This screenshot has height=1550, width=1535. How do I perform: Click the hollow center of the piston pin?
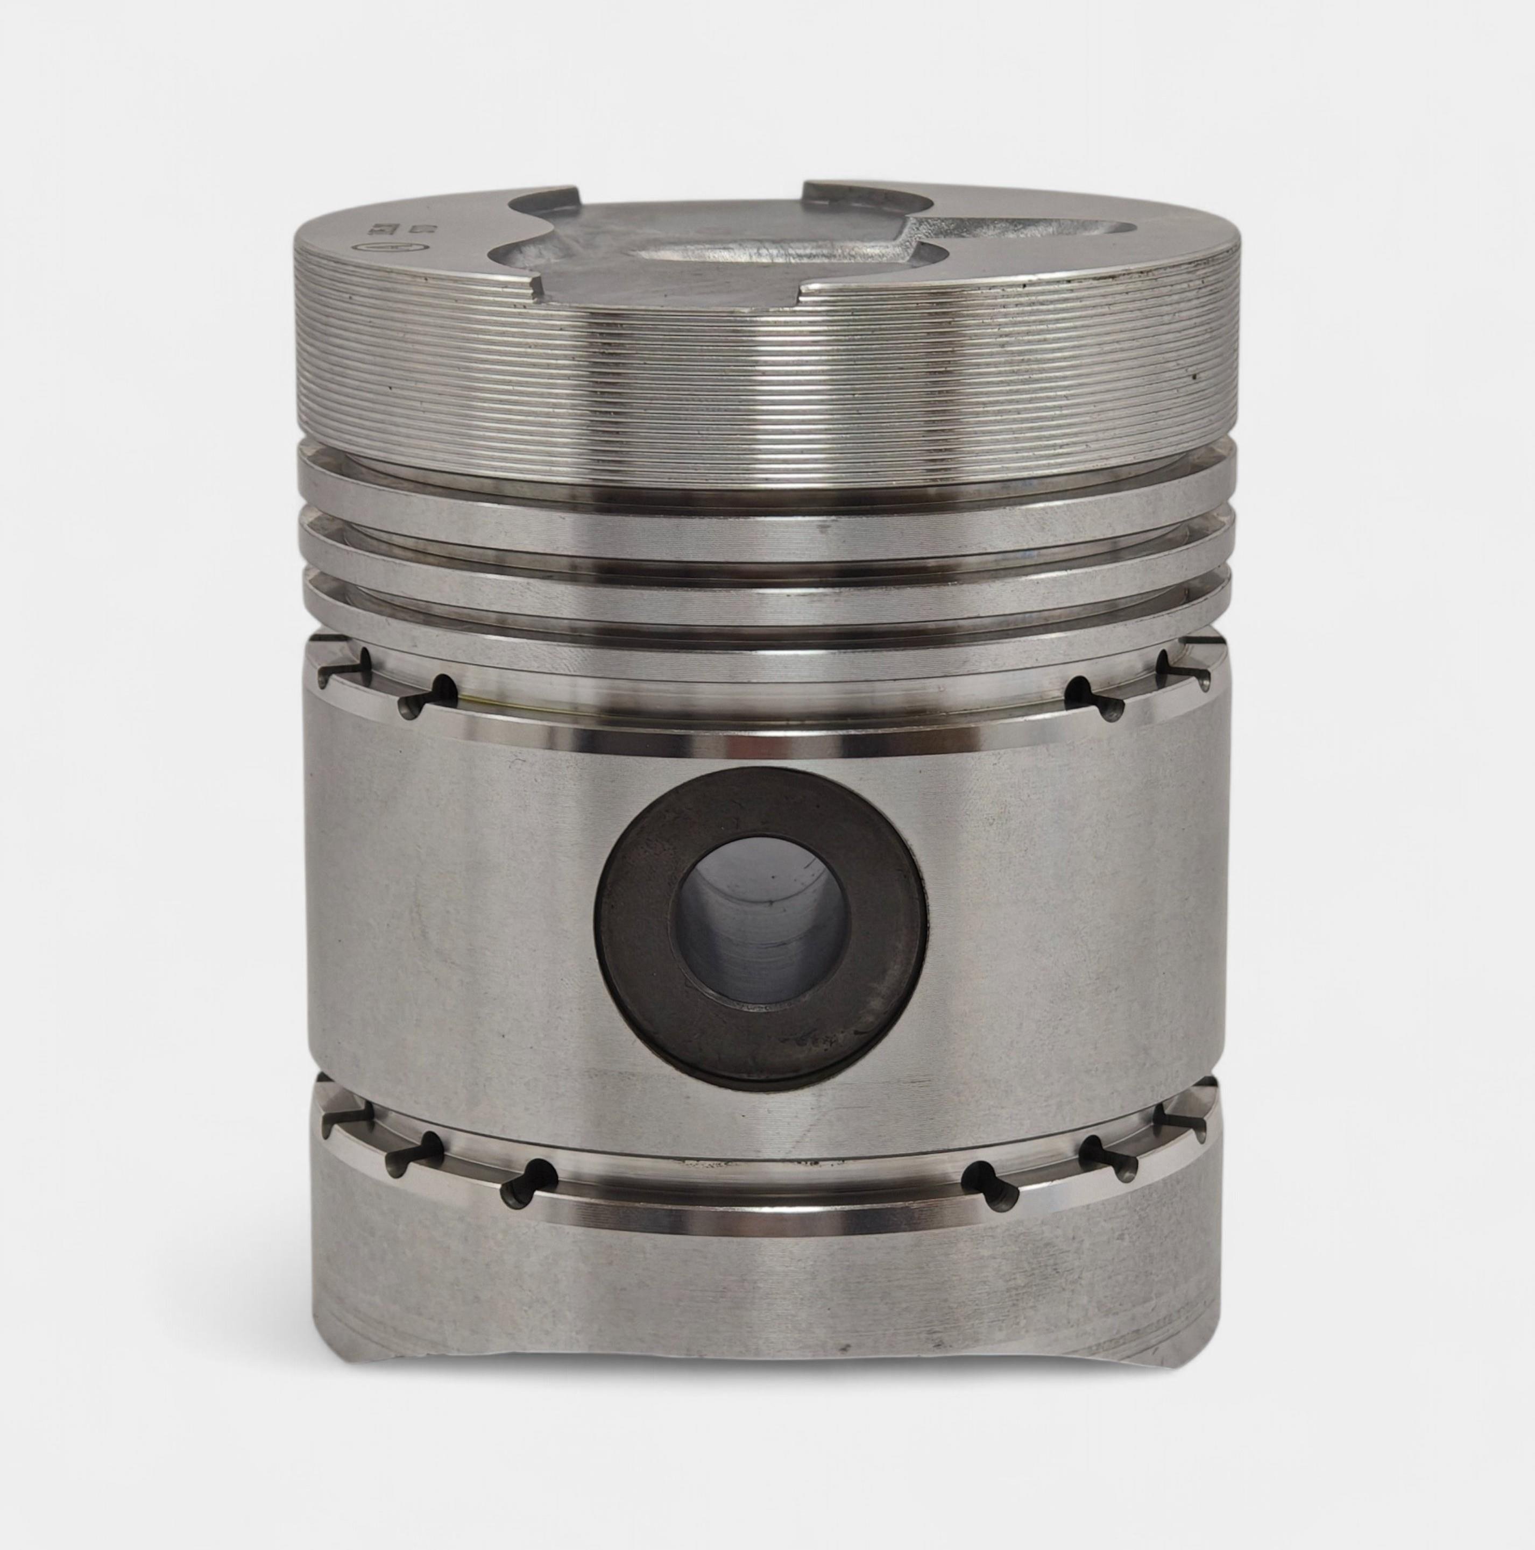coord(762,919)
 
